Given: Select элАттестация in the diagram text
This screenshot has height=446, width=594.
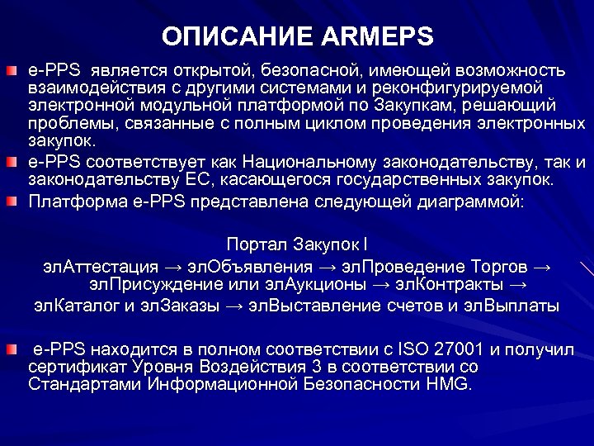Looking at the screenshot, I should click(x=101, y=266).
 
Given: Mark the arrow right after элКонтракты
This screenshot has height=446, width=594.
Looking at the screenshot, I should click(x=516, y=285).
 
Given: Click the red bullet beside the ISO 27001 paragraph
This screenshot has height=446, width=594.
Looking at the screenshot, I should click(x=10, y=349).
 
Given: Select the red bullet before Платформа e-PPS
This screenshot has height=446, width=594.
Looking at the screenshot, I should click(x=10, y=202).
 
